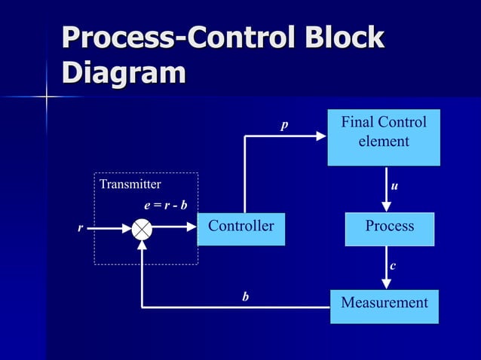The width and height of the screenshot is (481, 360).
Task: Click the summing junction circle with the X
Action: (142, 229)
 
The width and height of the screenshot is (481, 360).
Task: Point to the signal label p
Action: (284, 125)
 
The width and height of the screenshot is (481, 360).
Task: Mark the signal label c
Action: (393, 266)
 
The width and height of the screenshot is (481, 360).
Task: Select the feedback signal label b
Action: (245, 297)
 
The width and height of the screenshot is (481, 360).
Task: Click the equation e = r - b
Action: (166, 204)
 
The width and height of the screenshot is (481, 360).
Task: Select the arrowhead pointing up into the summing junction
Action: (142, 246)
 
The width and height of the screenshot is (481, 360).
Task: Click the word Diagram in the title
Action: (124, 73)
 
